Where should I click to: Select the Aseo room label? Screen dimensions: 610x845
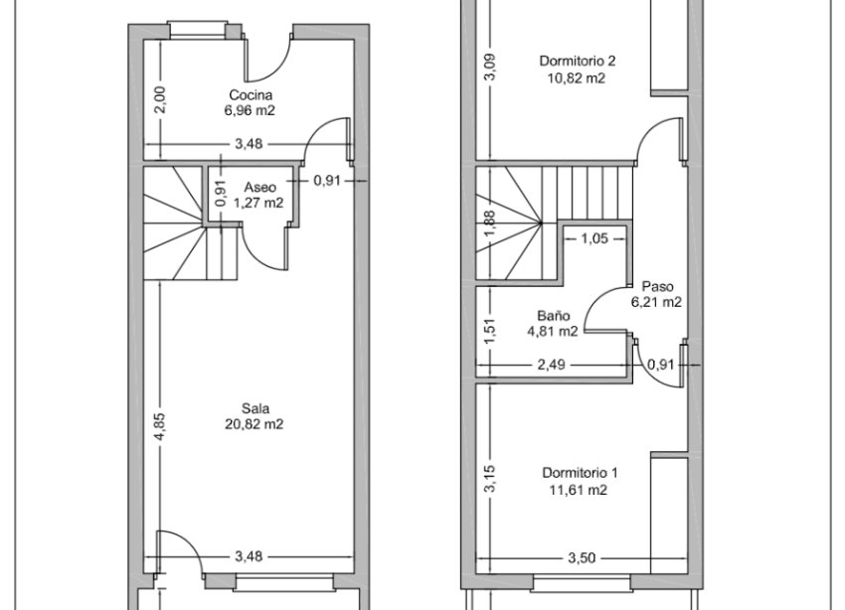click(x=258, y=187)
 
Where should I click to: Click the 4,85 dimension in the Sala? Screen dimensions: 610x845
click(x=159, y=424)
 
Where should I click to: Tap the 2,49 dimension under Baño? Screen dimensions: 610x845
click(x=551, y=365)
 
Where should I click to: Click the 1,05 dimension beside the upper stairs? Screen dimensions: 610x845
click(x=593, y=237)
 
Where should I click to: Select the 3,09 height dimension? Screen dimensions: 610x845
click(x=487, y=67)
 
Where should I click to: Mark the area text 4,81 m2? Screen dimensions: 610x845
click(x=552, y=331)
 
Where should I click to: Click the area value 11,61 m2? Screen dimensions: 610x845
click(x=580, y=490)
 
